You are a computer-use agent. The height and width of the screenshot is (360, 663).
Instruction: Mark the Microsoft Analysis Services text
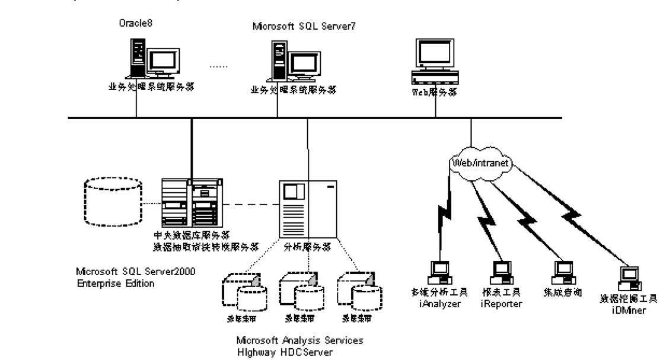pos(299,341)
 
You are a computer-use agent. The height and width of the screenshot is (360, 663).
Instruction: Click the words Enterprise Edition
pos(116,283)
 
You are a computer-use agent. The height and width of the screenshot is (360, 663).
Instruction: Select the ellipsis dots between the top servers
pos(220,66)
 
